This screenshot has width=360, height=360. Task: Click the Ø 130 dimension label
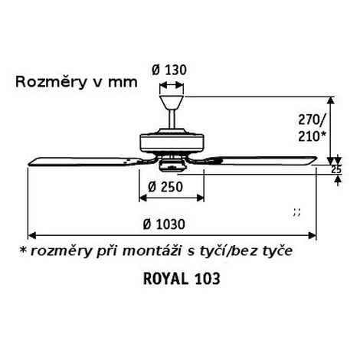point(169,70)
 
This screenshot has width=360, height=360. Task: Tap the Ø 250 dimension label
point(165,187)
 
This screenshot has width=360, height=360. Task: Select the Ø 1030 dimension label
point(164,224)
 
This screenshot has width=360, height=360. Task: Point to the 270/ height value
point(312,119)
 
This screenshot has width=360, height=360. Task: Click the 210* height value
point(312,136)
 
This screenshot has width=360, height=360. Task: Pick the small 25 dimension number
point(336,169)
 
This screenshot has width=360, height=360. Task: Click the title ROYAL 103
point(182,279)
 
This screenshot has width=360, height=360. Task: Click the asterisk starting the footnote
point(23,250)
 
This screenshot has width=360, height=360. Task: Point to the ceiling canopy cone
point(172,103)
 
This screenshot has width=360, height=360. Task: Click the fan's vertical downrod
point(172,119)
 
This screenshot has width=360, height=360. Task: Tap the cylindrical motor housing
point(172,143)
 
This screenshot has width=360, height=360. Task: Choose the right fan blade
point(266,160)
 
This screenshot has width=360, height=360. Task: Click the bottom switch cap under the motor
point(172,165)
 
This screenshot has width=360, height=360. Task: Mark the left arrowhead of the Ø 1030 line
point(32,235)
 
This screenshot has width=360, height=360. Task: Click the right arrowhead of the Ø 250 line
point(200,198)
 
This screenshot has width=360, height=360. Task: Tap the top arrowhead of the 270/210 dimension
point(331,100)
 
